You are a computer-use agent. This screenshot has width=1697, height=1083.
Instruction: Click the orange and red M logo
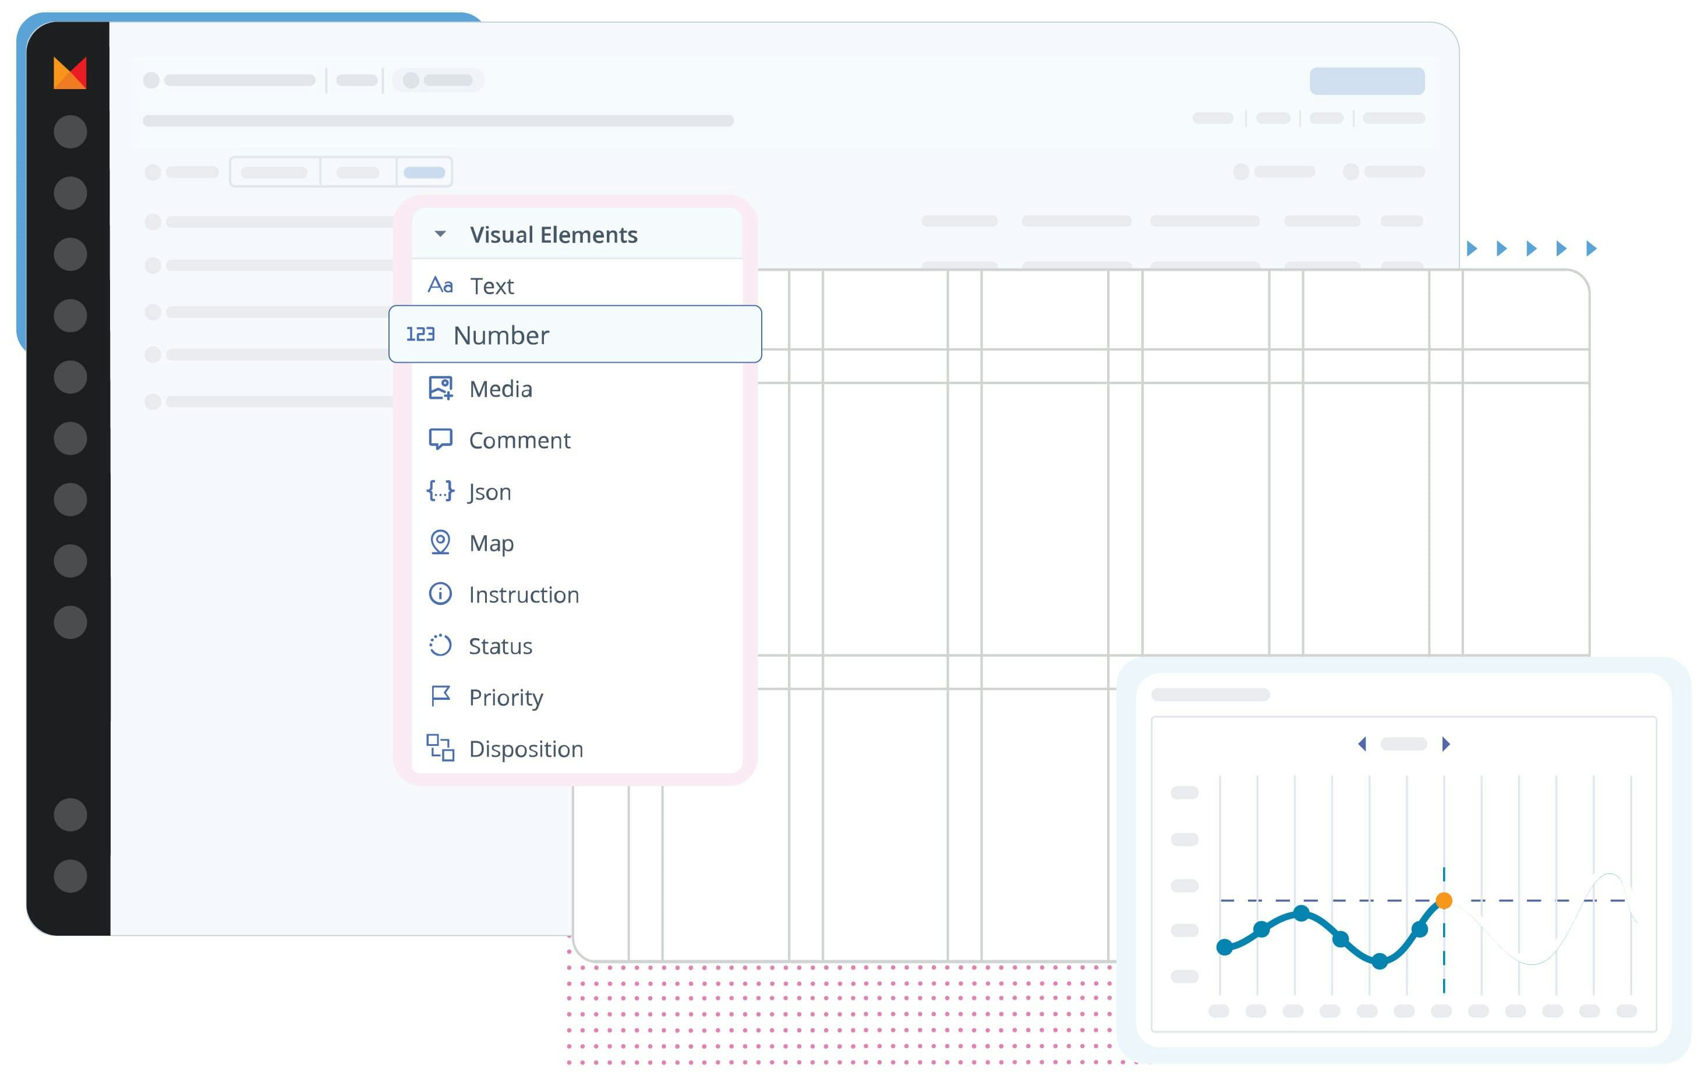tap(70, 73)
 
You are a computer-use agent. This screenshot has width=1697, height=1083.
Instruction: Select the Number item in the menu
tap(500, 335)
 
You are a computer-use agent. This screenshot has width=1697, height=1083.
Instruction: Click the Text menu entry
tap(492, 286)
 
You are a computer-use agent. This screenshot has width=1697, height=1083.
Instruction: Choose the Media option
tap(500, 389)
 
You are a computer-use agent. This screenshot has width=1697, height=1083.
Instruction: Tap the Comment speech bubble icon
tap(440, 439)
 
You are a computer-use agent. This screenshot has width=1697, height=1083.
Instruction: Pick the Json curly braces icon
tap(440, 490)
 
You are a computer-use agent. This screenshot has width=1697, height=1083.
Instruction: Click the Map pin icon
tap(440, 542)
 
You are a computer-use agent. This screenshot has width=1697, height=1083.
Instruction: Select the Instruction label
tap(524, 594)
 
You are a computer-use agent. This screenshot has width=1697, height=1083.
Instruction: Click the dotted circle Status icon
tap(440, 645)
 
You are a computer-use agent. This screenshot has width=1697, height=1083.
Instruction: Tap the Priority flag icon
tap(440, 696)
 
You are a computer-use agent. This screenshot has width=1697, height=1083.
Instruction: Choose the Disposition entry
tap(526, 748)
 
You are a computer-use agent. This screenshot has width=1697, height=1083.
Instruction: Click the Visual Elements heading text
tap(553, 235)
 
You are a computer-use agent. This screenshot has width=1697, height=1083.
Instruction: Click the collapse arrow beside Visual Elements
tap(440, 234)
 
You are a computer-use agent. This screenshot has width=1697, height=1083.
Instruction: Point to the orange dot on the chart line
tap(1444, 901)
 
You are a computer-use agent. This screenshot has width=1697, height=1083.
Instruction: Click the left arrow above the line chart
tap(1362, 744)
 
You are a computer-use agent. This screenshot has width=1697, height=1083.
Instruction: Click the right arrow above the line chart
tap(1446, 744)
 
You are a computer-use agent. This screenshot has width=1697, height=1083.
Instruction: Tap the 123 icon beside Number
tap(420, 334)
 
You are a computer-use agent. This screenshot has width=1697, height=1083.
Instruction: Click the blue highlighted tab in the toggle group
tap(424, 172)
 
